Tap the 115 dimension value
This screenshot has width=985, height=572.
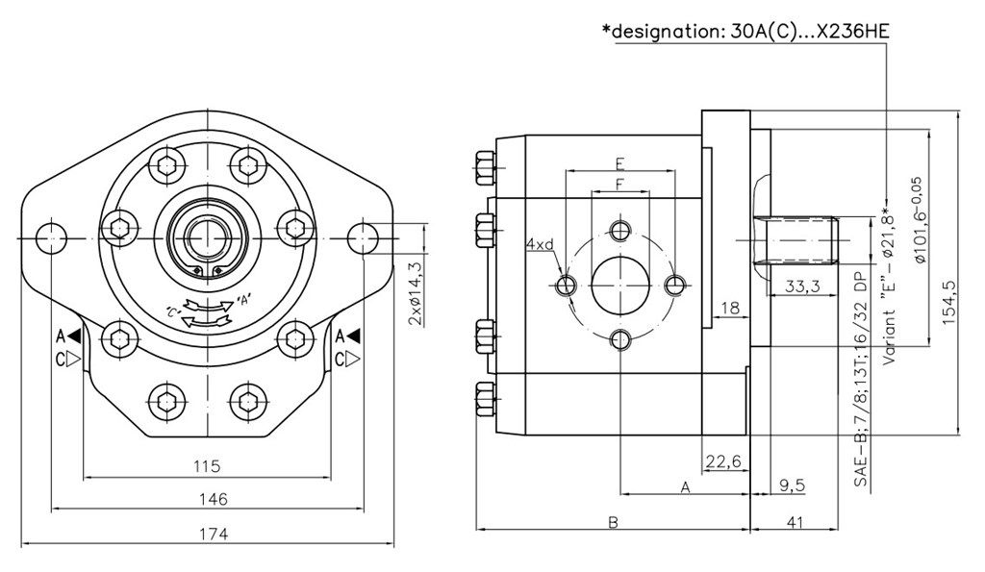tap(206, 466)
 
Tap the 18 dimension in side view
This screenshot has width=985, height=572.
tap(728, 308)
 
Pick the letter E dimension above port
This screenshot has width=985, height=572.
tap(620, 162)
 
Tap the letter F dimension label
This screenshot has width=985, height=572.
tap(620, 182)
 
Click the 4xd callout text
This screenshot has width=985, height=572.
tap(539, 244)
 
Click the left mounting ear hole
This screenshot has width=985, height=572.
tap(49, 236)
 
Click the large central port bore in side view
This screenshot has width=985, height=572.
tap(620, 285)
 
